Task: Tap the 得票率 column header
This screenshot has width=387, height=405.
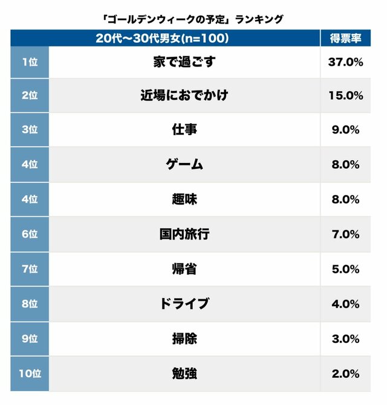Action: [x=346, y=39]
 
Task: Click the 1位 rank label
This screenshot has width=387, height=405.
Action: [x=29, y=62]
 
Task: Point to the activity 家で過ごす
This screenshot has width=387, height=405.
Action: [x=184, y=62]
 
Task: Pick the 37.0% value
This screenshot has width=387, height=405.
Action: [x=346, y=62]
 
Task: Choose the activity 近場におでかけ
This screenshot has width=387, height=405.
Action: [x=184, y=95]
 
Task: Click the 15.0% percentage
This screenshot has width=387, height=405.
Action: [x=346, y=95]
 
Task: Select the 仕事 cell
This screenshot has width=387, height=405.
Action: [x=184, y=130]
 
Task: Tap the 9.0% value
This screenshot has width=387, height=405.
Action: [x=346, y=130]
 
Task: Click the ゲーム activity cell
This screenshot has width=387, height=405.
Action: [x=184, y=164]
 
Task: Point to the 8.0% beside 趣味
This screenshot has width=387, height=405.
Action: [x=346, y=199]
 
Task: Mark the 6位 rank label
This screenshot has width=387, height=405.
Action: [x=29, y=234]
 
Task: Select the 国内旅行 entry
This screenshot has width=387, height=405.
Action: [x=184, y=234]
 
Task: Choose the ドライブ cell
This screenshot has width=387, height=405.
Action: [x=184, y=304]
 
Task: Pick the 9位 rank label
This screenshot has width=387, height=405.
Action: [x=29, y=339]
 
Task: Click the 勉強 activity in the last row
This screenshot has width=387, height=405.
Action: [x=184, y=374]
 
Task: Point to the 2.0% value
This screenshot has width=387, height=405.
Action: [x=346, y=374]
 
